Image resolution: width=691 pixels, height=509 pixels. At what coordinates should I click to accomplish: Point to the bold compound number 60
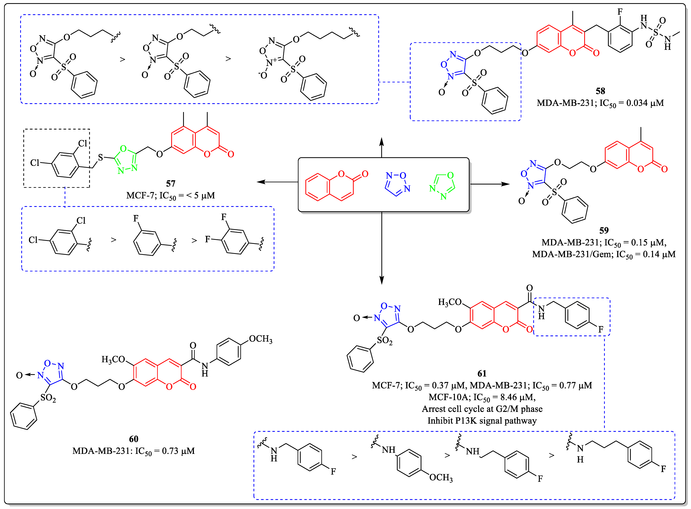point(134,439)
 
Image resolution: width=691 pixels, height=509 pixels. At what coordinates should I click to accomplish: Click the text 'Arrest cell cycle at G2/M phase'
point(482,409)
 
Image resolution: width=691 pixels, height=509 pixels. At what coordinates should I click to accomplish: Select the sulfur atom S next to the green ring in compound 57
point(100,158)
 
